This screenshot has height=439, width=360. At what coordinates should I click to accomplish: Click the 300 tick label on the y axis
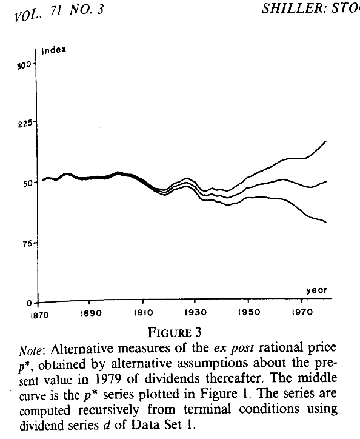click(24, 66)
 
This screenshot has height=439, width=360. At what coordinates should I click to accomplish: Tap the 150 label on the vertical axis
click(26, 184)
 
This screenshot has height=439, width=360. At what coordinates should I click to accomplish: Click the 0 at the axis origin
click(29, 304)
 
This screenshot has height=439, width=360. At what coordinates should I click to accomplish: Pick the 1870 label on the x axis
click(39, 315)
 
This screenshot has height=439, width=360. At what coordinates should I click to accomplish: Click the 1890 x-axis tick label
click(91, 313)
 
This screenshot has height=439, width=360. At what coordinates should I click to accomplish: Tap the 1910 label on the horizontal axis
click(143, 312)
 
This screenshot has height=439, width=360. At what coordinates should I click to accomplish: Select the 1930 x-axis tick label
click(196, 312)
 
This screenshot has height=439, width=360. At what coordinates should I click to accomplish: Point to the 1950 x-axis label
click(249, 312)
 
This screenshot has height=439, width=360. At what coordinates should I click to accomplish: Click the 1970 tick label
click(302, 312)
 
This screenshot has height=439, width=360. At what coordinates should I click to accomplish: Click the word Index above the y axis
click(54, 50)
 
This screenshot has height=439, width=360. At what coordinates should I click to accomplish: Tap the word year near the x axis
click(316, 290)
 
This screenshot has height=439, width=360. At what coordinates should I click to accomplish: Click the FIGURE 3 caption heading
click(175, 333)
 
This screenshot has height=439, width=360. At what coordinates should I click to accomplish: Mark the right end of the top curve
click(326, 141)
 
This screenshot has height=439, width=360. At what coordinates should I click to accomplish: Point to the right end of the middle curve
click(326, 182)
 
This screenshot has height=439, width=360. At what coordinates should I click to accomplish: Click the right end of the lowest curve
click(326, 223)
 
